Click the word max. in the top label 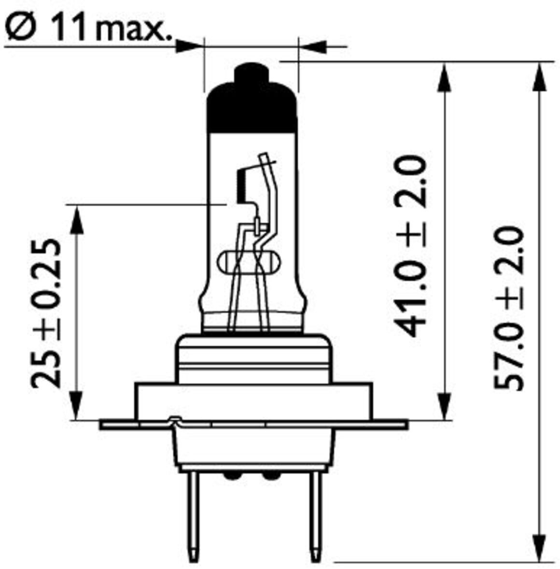click(134, 30)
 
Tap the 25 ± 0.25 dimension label click(46, 313)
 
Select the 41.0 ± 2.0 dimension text click(411, 246)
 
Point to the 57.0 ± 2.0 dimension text click(509, 308)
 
